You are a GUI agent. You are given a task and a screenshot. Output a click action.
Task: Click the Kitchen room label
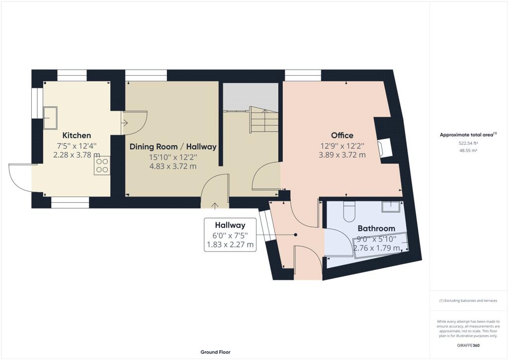[x=77, y=135]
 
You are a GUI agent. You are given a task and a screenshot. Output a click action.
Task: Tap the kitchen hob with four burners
[x=102, y=166]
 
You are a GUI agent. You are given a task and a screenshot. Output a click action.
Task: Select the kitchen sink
[x=50, y=117]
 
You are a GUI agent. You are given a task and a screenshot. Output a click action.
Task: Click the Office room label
[x=342, y=135]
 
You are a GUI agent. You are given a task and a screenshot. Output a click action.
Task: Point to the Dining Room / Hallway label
[x=173, y=147]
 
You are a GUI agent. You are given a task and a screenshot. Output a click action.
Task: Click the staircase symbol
[x=264, y=119]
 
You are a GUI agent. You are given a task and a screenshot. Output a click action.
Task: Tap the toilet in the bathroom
[x=349, y=211]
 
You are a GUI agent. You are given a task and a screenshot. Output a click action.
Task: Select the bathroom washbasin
[x=391, y=206]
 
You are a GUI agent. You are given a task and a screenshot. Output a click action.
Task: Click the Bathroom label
[x=376, y=228]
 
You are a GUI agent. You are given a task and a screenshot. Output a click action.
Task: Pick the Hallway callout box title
[x=230, y=225]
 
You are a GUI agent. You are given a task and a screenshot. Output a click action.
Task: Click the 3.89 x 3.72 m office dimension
[x=342, y=155]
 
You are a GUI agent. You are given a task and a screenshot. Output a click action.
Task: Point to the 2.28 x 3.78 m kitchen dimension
[x=77, y=155]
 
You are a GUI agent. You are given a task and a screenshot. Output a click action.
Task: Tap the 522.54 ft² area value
[x=468, y=143]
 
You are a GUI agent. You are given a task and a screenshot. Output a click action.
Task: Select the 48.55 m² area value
[x=468, y=150]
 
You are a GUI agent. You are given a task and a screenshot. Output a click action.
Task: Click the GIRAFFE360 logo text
[x=468, y=346]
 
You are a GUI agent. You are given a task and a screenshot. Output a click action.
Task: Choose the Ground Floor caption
[x=216, y=352]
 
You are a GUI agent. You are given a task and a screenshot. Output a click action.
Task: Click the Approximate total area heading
[x=468, y=135]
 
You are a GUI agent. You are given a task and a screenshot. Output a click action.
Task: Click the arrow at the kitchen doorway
[x=125, y=123]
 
